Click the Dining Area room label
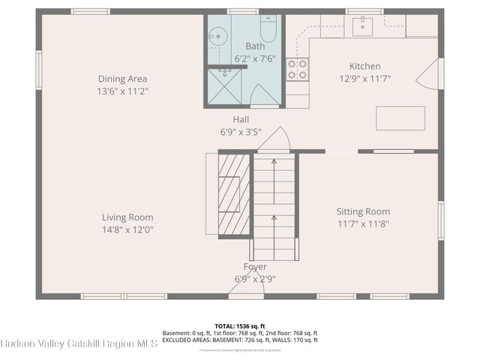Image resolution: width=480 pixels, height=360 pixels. point(122,79)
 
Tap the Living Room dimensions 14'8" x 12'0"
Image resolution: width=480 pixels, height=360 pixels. point(128,230)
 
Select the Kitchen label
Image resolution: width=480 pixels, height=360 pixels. point(364,66)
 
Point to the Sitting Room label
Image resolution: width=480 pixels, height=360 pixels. point(362,211)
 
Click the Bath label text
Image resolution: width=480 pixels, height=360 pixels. point(244,46)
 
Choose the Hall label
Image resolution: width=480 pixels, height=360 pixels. point(241,119)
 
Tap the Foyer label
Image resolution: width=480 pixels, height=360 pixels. point(255,267)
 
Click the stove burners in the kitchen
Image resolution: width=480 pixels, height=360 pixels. point(298,70)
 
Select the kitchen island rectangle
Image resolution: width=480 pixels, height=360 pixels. point(400,118)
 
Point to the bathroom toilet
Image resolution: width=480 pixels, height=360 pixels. point(268,28)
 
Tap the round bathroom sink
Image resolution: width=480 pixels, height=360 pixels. point(217,34)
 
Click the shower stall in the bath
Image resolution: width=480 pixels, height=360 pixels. point(225,86)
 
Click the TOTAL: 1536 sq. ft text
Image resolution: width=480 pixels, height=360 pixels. point(240,326)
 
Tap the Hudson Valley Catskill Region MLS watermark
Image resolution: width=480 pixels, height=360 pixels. point(79,344)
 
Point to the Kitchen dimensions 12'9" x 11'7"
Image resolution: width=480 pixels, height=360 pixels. point(364,79)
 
